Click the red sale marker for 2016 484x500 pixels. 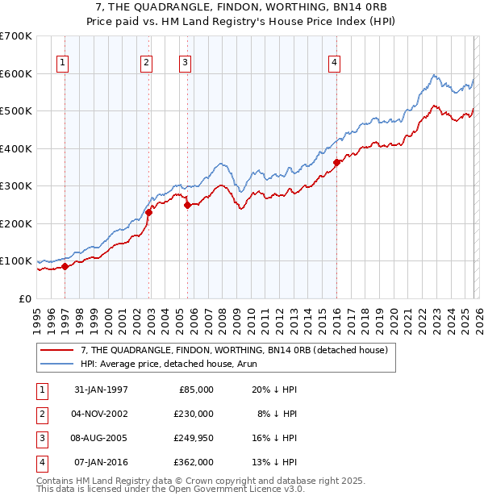coord(336,163)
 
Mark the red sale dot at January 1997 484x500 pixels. coord(65,267)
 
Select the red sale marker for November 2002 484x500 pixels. coord(148,212)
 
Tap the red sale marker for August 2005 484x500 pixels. coord(187,205)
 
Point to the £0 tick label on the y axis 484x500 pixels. coord(26,298)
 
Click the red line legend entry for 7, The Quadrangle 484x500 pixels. coord(234,350)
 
